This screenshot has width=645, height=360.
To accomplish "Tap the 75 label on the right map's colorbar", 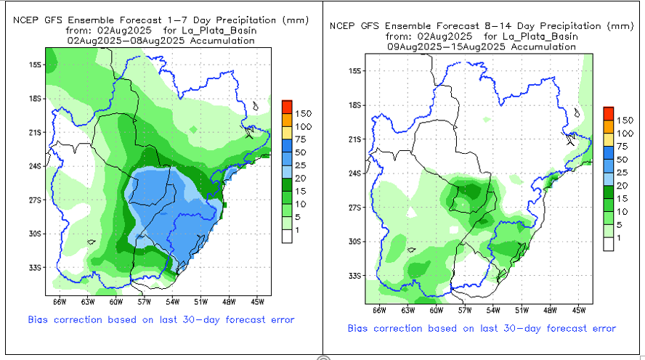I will [624, 146].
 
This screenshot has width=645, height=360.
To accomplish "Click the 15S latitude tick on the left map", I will [34, 65].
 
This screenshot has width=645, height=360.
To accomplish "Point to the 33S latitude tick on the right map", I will [354, 276].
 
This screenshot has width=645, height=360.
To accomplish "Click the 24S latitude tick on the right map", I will [354, 173].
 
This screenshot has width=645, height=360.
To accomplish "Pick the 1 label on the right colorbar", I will [618, 238].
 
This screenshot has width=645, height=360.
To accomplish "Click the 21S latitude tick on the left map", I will [34, 132].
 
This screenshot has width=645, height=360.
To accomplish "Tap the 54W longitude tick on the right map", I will [492, 309].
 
